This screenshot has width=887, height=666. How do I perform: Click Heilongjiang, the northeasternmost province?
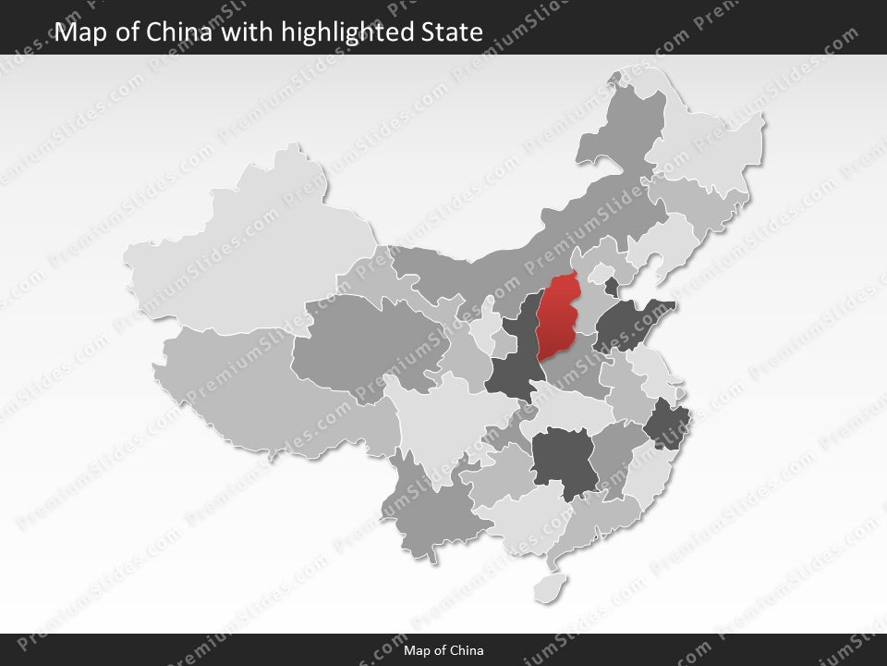coord(711,139)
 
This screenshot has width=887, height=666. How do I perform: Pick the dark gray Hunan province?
coord(564,458)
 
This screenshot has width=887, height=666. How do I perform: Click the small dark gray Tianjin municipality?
coord(612,285)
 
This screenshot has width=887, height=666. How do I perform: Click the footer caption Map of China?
coord(443,650)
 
